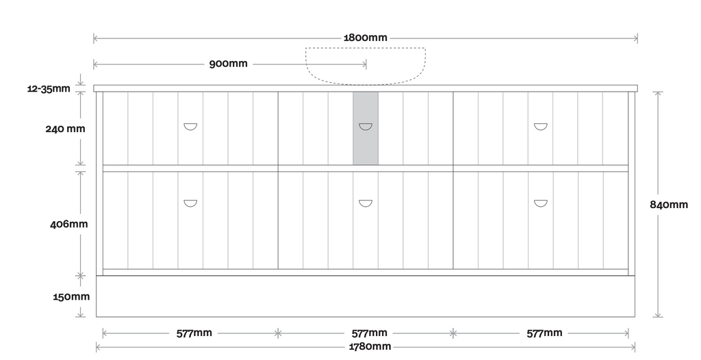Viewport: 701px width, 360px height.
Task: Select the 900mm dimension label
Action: (x=228, y=64)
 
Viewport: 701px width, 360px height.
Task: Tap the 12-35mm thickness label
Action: (x=49, y=88)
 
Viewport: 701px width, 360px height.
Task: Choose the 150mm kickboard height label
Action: (x=71, y=296)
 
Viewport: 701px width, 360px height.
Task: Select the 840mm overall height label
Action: (x=668, y=205)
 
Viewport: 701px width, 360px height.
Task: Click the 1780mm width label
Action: (x=370, y=346)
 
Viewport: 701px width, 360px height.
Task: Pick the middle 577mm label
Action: (x=369, y=333)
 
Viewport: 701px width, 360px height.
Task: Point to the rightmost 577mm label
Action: (x=544, y=333)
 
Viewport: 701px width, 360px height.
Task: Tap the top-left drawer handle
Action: (x=190, y=127)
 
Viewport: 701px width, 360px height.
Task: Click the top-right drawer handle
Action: (x=541, y=127)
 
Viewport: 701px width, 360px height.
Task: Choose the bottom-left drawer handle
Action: (x=190, y=203)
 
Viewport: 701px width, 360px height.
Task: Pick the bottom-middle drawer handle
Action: (x=366, y=203)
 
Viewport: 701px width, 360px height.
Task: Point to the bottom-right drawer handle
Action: (x=541, y=203)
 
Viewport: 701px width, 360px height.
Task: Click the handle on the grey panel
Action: (x=366, y=127)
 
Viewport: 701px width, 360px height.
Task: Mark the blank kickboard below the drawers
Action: (x=366, y=296)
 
